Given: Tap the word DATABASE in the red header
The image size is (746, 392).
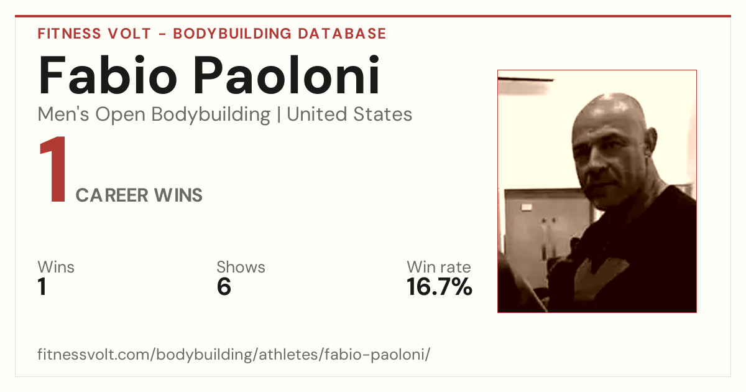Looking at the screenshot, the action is coord(342,34).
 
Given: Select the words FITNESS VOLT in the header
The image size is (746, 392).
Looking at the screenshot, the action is coord(94,34).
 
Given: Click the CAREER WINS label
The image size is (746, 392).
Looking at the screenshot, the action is coord(139,195).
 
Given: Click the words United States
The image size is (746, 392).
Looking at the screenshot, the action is coord(349,114).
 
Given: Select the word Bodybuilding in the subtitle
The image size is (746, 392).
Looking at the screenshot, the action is coord(211,115).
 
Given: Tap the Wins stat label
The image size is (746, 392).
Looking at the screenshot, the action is coord(56,267).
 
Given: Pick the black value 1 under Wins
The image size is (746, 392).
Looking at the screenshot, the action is coord(42,287).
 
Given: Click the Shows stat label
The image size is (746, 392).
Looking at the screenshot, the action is coord(241,267).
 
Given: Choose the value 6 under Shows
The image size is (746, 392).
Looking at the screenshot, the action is coord(224,287).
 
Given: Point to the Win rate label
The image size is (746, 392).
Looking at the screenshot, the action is coord(439,267).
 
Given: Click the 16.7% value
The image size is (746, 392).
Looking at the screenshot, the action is coord(440,287).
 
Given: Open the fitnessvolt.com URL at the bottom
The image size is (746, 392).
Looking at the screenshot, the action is coord(234,354).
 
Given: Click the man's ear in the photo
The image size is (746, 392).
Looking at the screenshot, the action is coord(651,142).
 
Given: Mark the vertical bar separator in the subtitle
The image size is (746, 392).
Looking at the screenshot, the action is coord(279,115).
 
